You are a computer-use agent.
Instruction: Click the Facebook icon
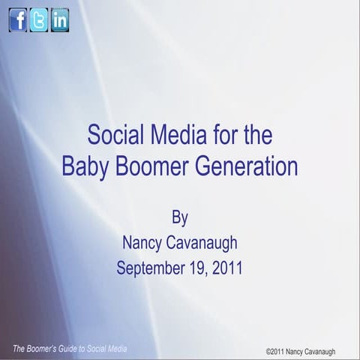coord(18,20)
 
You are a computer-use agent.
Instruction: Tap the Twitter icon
coord(39,20)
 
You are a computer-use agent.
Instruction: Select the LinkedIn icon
coord(60,20)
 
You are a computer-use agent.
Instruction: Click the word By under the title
coord(180,218)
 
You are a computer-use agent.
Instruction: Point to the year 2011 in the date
coord(226,268)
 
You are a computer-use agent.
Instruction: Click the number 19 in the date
coord(194,268)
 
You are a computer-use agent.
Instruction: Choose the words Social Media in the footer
coord(109,349)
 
